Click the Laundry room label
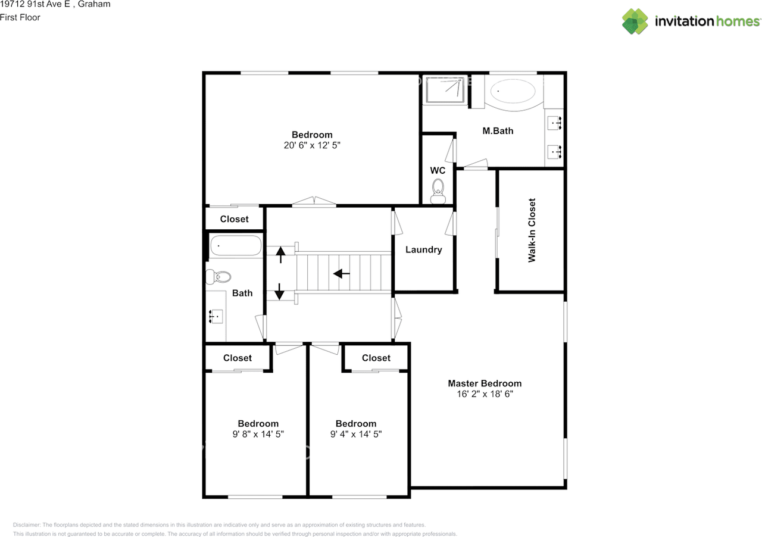[x=423, y=250]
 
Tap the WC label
[x=438, y=170]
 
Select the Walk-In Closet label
[x=532, y=230]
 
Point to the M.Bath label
[x=498, y=130]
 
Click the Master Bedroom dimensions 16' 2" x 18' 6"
[x=485, y=394]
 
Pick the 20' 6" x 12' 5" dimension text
[x=312, y=145]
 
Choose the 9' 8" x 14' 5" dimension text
[x=258, y=434]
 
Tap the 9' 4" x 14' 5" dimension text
[x=356, y=434]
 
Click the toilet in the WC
[x=438, y=192]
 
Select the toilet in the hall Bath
[x=218, y=277]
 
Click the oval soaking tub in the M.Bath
[x=513, y=91]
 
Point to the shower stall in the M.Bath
[x=445, y=90]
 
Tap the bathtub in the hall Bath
[x=236, y=245]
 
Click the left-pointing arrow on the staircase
[x=342, y=273]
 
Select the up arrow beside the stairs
[x=280, y=255]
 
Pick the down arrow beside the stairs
[x=279, y=292]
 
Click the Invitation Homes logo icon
[x=635, y=21]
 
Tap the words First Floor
[x=20, y=17]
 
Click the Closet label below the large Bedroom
[x=234, y=219]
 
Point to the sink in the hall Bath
[x=216, y=317]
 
